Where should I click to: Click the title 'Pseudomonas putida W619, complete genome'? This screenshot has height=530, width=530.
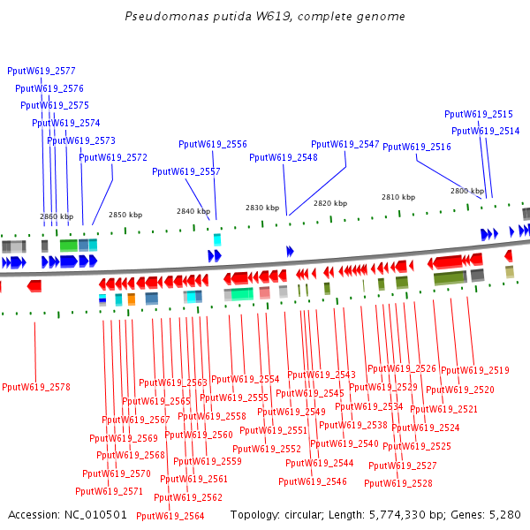click(x=265, y=17)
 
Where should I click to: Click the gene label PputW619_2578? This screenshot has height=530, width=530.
click(x=36, y=387)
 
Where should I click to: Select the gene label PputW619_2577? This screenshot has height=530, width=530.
click(x=42, y=71)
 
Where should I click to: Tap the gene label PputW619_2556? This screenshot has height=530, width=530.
click(x=213, y=144)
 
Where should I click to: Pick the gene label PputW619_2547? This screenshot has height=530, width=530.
click(x=345, y=144)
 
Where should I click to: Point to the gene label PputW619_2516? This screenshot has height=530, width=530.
click(x=417, y=148)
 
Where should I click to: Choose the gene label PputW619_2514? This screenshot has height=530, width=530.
click(x=486, y=131)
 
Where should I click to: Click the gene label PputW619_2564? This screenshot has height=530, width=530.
click(x=170, y=516)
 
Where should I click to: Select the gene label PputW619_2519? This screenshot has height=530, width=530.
click(x=475, y=370)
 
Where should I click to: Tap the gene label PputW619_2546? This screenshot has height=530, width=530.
click(x=313, y=481)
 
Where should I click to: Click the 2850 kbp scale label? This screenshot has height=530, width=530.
click(x=125, y=215)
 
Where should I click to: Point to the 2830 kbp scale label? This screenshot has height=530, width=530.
click(x=262, y=208)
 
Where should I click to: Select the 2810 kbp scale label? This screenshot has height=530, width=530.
click(x=398, y=197)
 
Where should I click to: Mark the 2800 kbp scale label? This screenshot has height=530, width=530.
click(x=467, y=191)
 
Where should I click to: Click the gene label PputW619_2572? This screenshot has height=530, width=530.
click(x=113, y=157)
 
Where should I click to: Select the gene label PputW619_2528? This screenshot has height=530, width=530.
click(x=398, y=483)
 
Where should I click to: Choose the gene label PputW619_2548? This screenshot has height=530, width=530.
click(x=284, y=157)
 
